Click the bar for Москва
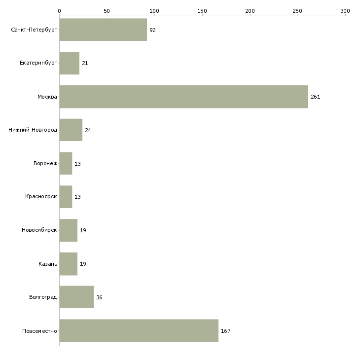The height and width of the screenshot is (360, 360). [183, 97]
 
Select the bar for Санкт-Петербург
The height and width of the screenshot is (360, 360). [103, 30]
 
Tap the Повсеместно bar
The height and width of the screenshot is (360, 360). [139, 330]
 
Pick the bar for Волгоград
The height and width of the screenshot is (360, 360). [76, 297]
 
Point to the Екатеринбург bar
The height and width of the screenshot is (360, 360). [69, 63]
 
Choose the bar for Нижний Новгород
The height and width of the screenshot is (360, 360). [71, 130]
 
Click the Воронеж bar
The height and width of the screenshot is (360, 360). [66, 163]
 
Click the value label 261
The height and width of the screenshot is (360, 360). [316, 97]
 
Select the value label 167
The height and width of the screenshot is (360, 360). [225, 331]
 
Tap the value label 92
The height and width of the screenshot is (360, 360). [152, 30]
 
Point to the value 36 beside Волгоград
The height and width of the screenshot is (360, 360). [99, 297]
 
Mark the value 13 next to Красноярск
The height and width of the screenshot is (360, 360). [77, 197]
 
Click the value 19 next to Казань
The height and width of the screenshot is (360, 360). [83, 264]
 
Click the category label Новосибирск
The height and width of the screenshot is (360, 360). [39, 230]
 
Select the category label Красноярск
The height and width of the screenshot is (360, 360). [41, 197]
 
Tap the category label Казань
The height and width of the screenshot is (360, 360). [48, 264]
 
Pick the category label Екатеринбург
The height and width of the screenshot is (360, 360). [38, 63]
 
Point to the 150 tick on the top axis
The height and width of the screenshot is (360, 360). [202, 10]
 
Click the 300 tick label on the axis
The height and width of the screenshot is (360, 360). [345, 10]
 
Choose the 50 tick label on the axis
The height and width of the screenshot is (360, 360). [107, 10]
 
